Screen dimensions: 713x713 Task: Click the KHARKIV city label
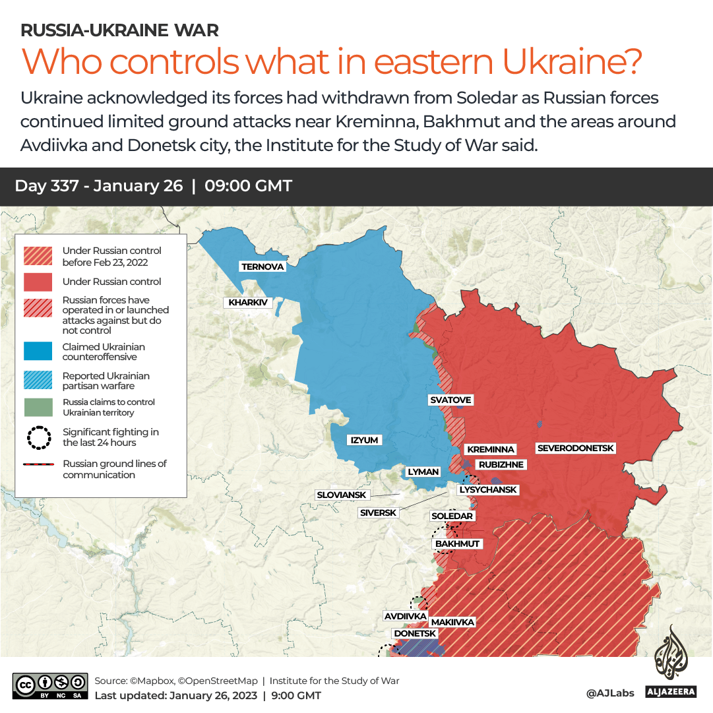(249, 303)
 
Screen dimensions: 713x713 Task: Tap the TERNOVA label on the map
(263, 266)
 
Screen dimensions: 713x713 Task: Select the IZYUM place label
(365, 440)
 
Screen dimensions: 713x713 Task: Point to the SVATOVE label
(450, 400)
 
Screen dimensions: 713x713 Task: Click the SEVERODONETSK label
(575, 449)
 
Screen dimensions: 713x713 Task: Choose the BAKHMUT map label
(458, 544)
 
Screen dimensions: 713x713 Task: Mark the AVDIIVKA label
(405, 616)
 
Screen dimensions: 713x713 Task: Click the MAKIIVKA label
(452, 622)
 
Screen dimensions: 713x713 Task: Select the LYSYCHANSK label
(488, 490)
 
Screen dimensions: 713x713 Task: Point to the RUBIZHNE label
(501, 465)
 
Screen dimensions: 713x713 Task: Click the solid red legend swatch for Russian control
(38, 282)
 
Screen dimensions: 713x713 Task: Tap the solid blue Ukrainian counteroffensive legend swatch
(38, 352)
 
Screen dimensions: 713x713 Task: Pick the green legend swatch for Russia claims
(38, 407)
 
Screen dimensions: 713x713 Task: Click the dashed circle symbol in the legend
(38, 437)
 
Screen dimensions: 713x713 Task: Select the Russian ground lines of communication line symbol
(38, 465)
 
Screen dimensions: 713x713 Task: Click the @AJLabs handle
(609, 693)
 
